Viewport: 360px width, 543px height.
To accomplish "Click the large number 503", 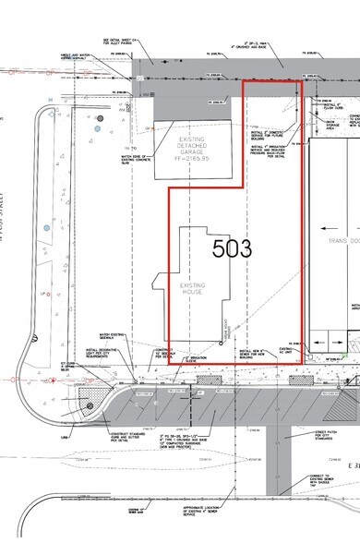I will pos(232,247).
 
